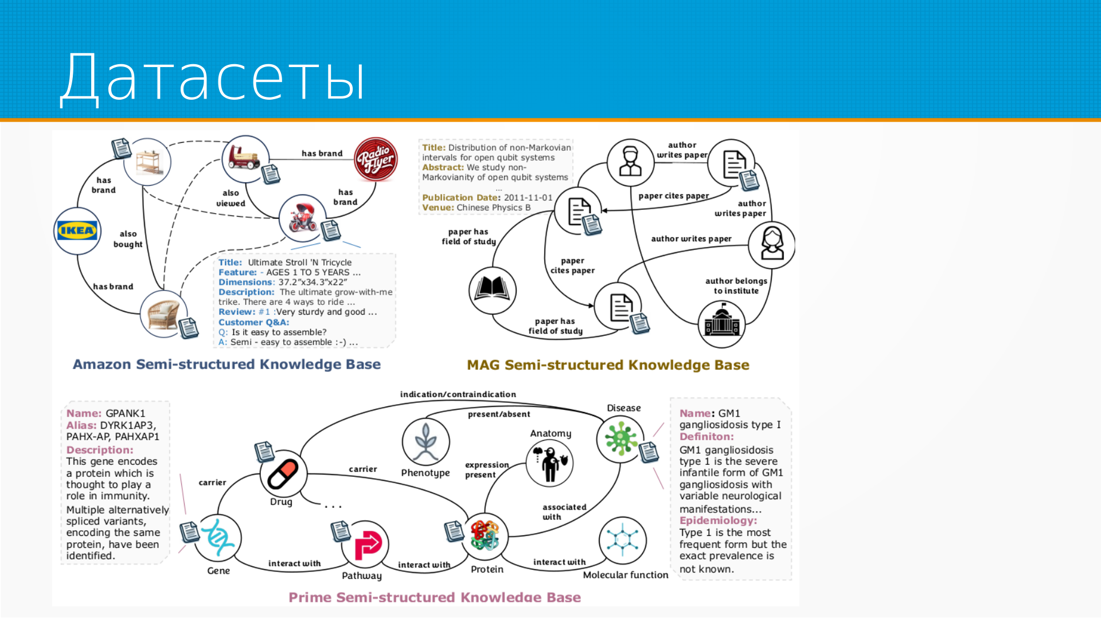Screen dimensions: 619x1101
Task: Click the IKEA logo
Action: [77, 231]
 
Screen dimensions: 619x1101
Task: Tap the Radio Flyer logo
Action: [376, 159]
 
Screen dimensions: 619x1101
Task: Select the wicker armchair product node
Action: [163, 314]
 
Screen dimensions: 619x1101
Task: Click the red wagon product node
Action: [245, 158]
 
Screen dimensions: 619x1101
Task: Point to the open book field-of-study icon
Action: [492, 290]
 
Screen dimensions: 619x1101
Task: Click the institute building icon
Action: [721, 324]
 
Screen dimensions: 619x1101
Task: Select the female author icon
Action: [772, 245]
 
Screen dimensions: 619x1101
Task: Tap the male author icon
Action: [630, 162]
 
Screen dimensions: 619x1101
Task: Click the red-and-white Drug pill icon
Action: [283, 475]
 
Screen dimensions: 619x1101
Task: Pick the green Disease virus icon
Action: [620, 439]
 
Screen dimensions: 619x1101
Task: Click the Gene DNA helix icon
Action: [217, 538]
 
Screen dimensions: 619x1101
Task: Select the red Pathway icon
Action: [366, 544]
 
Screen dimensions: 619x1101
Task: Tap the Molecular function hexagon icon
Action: [622, 540]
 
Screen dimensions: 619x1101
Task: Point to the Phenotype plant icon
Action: [425, 442]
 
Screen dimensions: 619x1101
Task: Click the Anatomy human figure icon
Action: [549, 463]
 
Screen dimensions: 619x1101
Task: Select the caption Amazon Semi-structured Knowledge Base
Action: [227, 365]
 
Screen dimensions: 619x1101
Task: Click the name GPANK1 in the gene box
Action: [126, 413]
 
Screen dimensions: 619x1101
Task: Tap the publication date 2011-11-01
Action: [528, 198]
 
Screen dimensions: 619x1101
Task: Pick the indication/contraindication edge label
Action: [458, 394]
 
